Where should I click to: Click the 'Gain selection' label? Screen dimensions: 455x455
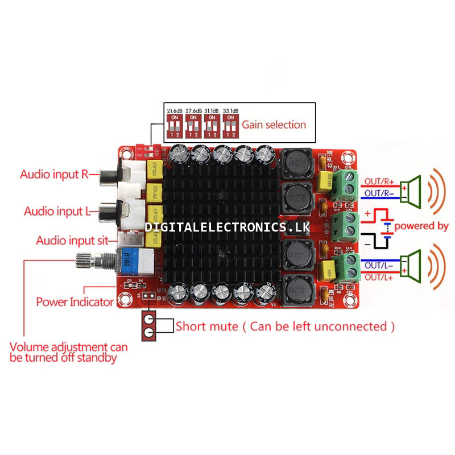(274, 125)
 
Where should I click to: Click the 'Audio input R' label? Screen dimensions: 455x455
(55, 174)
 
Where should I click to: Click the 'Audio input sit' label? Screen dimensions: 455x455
(72, 241)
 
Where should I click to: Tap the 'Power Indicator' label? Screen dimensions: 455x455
(75, 301)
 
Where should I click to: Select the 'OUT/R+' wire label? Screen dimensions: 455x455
(378, 181)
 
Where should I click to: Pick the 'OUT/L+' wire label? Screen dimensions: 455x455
(378, 276)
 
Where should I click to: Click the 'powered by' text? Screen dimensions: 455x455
(421, 226)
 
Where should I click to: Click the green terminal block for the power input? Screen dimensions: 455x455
(349, 224)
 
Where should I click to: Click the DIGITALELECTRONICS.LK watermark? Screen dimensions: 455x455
(230, 227)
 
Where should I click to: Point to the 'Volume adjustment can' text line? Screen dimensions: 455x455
(69, 347)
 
